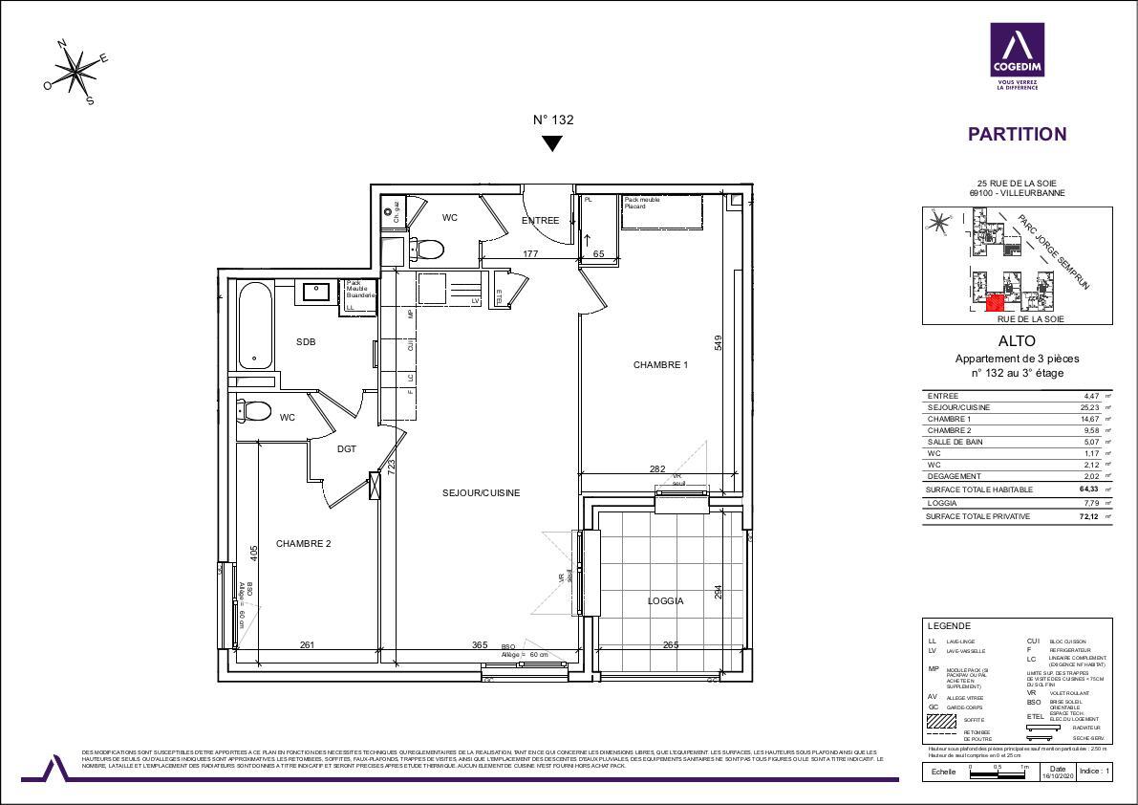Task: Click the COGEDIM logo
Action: pos(1016,57)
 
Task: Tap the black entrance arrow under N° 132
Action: pos(552,143)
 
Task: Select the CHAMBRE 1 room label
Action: pos(660,364)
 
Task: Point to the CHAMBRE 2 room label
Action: pos(303,544)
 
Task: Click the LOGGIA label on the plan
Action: pos(665,601)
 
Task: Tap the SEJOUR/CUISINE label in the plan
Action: pos(481,493)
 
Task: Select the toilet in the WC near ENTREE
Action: pos(431,250)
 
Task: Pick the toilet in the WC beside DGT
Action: pos(255,412)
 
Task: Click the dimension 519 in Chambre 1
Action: pos(717,341)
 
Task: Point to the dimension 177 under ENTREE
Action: pos(531,254)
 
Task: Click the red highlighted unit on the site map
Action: pos(994,303)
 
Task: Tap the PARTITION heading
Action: pos(1017,135)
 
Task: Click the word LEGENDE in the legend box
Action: pos(949,625)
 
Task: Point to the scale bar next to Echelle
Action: pos(998,771)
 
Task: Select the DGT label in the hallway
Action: pos(347,449)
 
